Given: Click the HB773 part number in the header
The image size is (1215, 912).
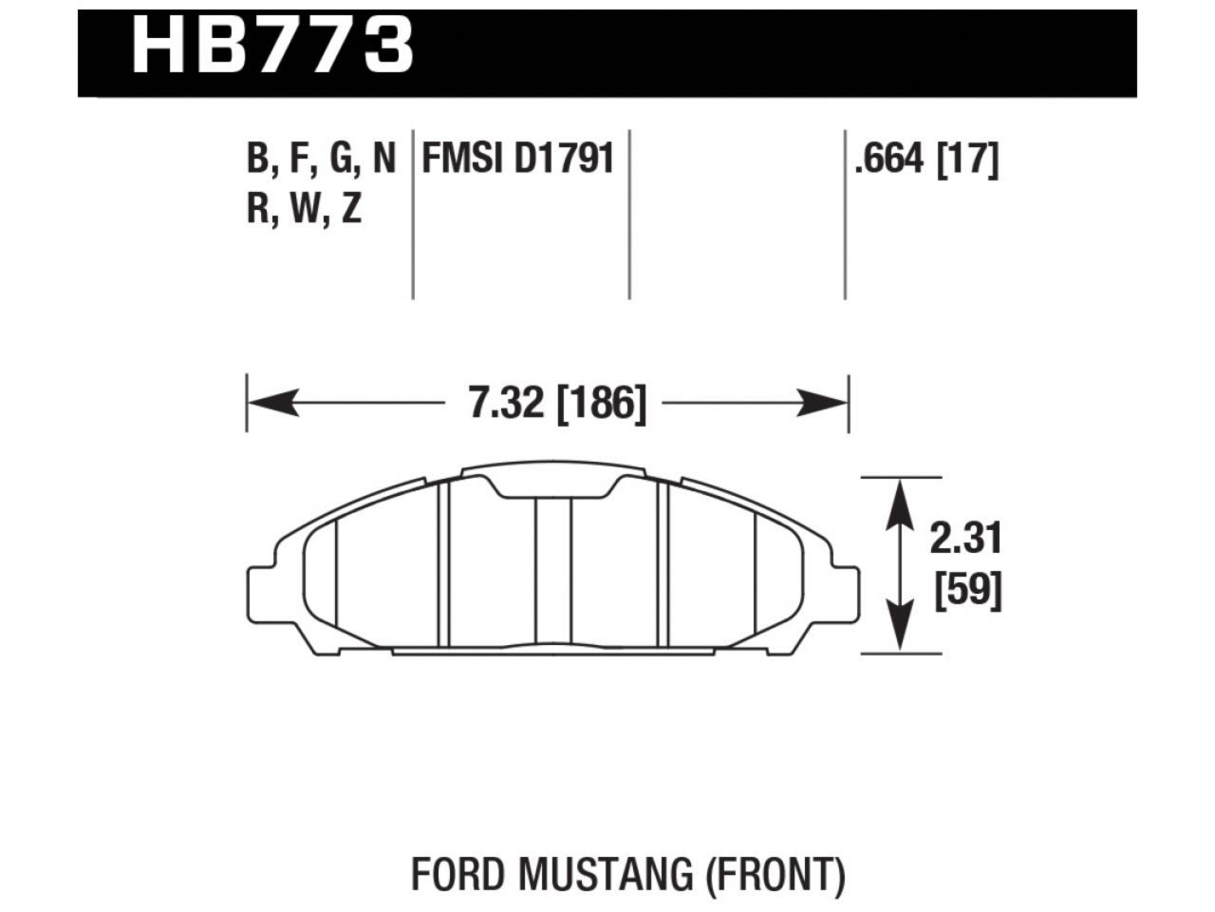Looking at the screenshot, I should pos(272,45).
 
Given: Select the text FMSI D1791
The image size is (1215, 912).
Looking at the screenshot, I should pos(517,159).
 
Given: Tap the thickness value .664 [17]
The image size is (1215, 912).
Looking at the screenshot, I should pos(925,159).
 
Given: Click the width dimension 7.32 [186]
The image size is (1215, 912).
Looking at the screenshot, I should pos(557,405).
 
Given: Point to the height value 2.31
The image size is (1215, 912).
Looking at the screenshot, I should pos(965,540).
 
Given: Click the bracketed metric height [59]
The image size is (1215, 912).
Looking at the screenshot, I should pos(968,592).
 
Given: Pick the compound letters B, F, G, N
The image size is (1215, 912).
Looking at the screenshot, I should pos(321,159).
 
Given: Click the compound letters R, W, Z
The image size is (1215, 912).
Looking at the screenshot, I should pos(305,208).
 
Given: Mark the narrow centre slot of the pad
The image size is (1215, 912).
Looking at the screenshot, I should pos(552,570).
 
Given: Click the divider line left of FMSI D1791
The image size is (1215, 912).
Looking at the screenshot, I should pos(413,214).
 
